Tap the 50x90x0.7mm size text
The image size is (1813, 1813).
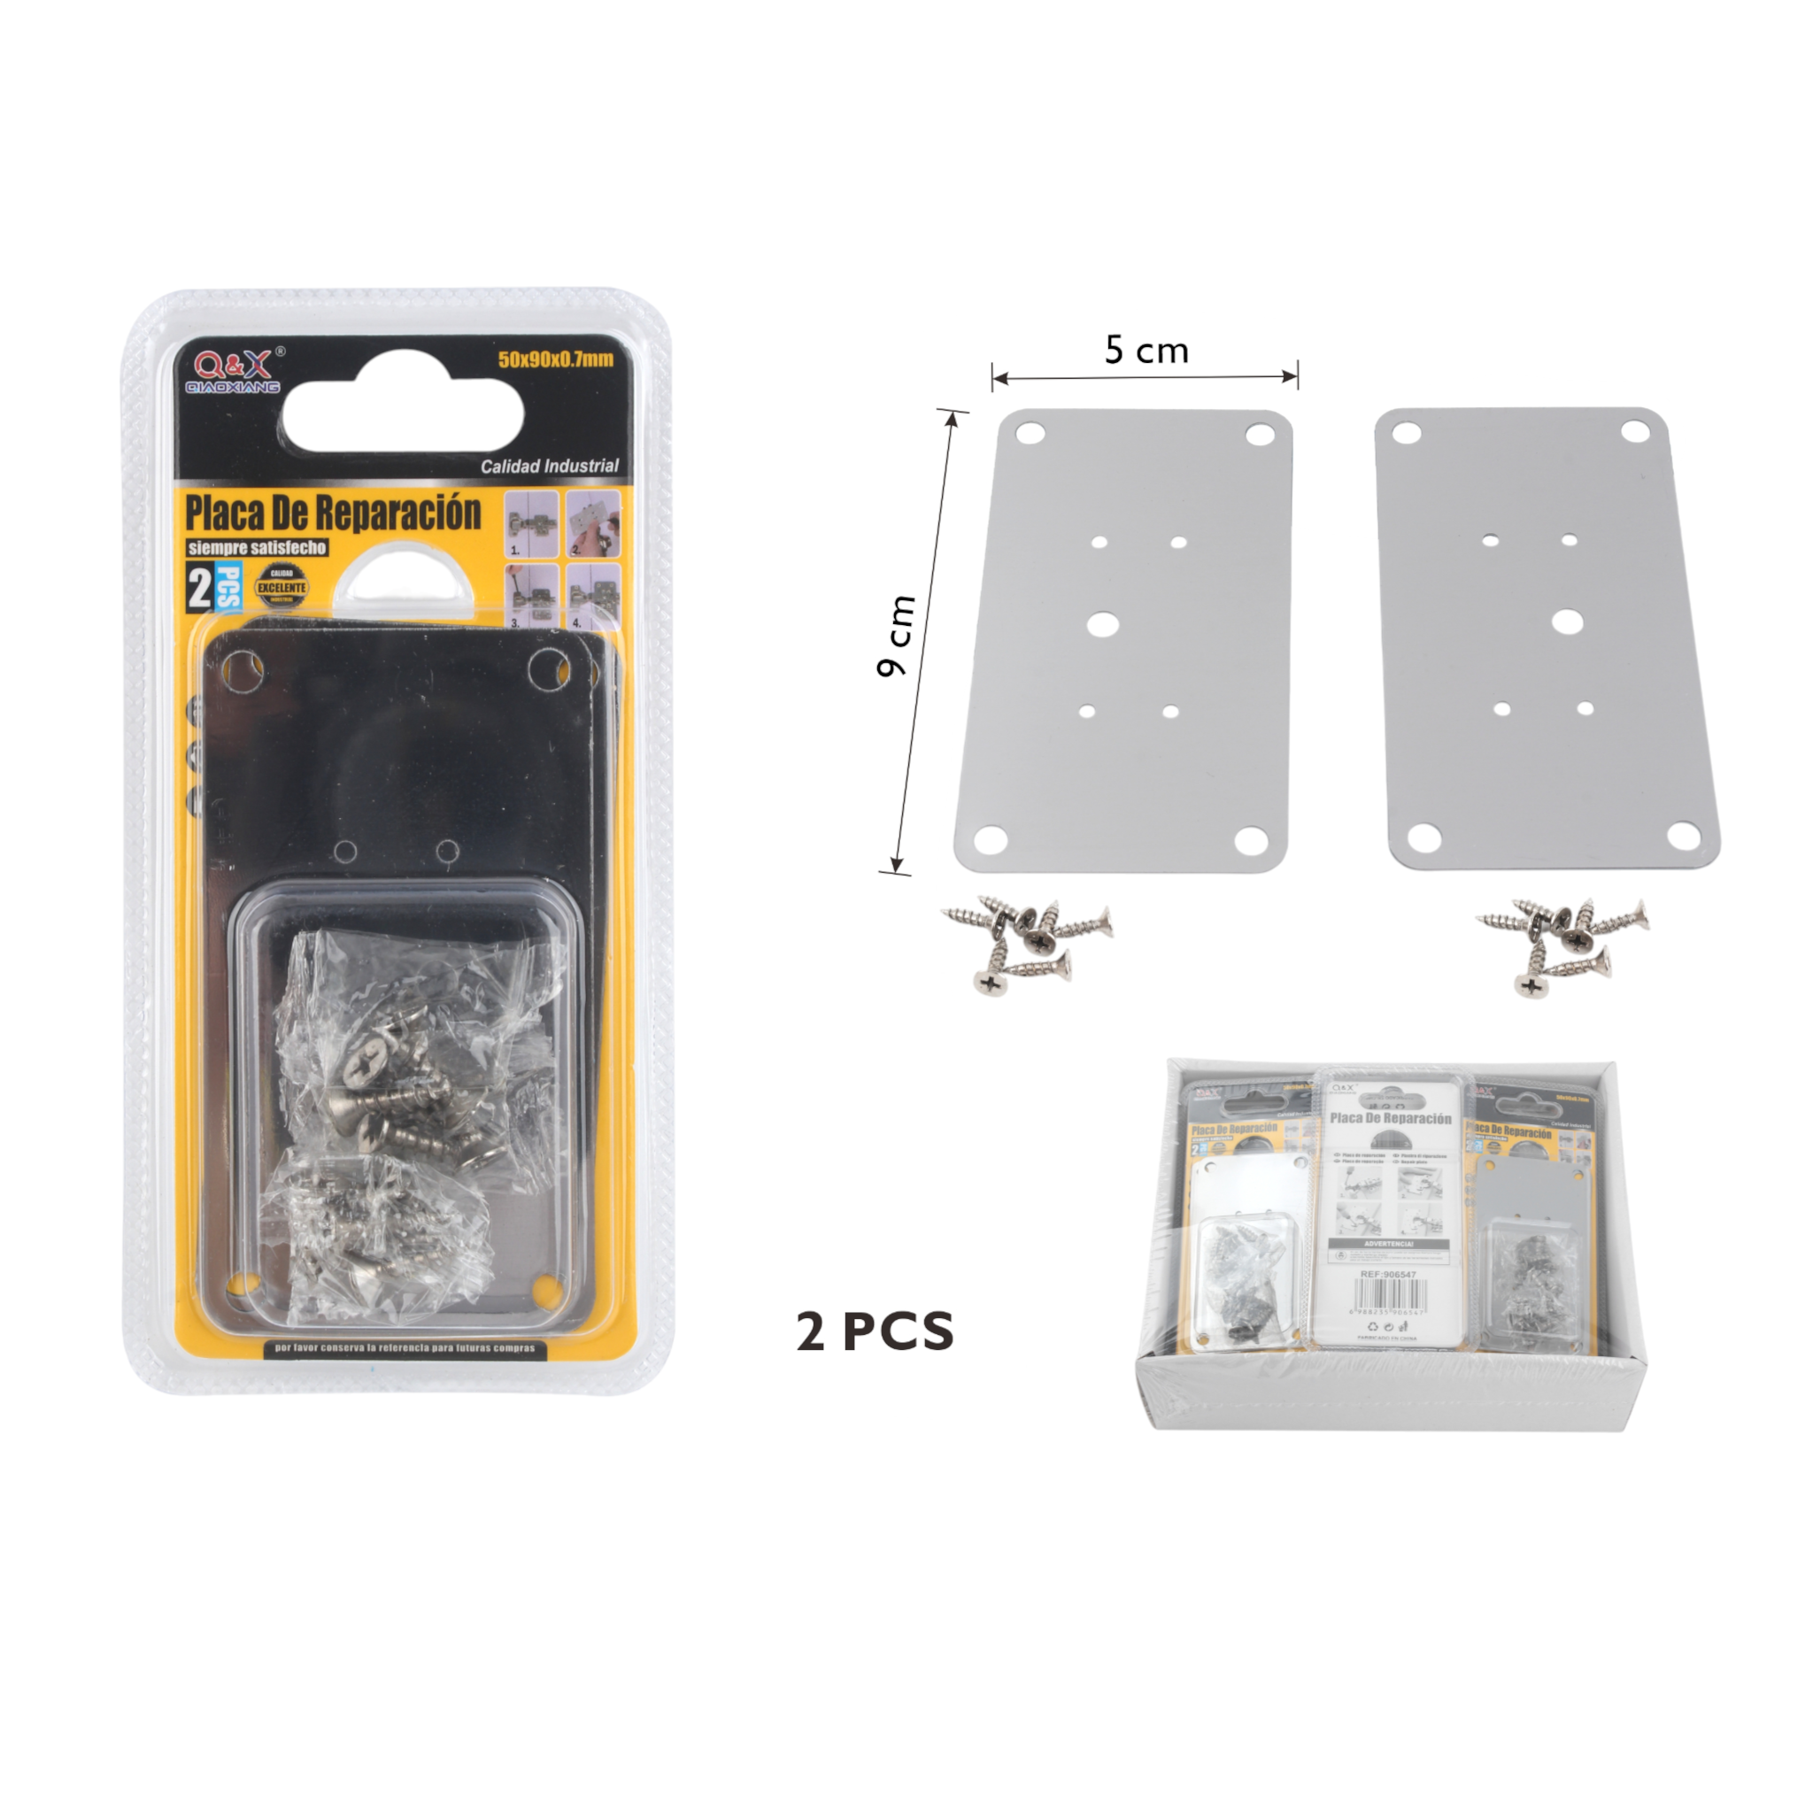point(556,359)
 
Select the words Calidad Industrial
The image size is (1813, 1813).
point(549,466)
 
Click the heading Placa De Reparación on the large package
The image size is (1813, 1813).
point(333,513)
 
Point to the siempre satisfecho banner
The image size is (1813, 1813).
point(256,547)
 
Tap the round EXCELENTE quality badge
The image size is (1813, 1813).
point(282,588)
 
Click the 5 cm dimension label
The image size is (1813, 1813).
point(1146,351)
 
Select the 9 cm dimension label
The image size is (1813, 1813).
point(895,636)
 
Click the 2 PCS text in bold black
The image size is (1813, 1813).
point(875,1331)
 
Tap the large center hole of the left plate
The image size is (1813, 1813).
point(1101,623)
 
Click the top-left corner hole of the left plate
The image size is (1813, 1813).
point(1030,434)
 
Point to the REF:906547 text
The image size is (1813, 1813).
point(1388,1276)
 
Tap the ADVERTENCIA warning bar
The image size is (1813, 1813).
point(1388,1244)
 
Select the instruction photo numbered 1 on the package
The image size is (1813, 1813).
point(531,522)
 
